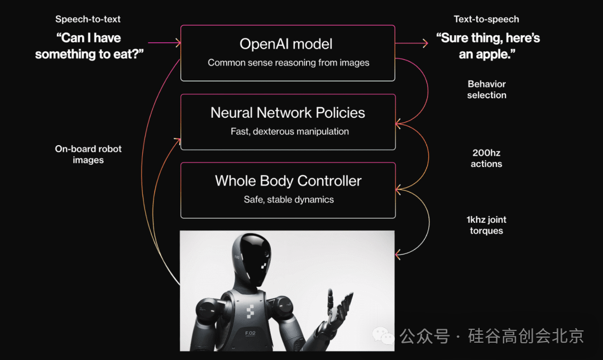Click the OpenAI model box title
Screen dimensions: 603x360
[x=286, y=44]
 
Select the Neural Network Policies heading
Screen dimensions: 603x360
[x=288, y=113]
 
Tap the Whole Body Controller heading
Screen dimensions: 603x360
[x=288, y=181]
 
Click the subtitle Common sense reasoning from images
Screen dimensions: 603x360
[x=289, y=63]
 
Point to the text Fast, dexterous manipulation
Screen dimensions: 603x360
[x=290, y=132]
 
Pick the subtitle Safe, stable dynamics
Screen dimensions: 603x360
[x=289, y=200]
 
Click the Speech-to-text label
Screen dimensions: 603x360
[x=88, y=19]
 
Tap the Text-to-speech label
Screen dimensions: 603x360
[x=486, y=19]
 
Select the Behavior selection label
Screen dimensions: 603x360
[x=486, y=90]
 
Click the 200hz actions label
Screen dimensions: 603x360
[x=486, y=159]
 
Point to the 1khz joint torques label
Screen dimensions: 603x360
[x=486, y=225]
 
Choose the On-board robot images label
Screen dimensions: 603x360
[x=88, y=154]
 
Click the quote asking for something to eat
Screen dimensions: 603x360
[x=89, y=46]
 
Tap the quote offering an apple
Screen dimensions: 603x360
[x=487, y=46]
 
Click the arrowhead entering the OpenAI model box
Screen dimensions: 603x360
[x=178, y=42]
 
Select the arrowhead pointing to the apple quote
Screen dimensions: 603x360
[x=425, y=43]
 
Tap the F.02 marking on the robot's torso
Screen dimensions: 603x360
[x=250, y=333]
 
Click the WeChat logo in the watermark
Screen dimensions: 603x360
[x=383, y=336]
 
